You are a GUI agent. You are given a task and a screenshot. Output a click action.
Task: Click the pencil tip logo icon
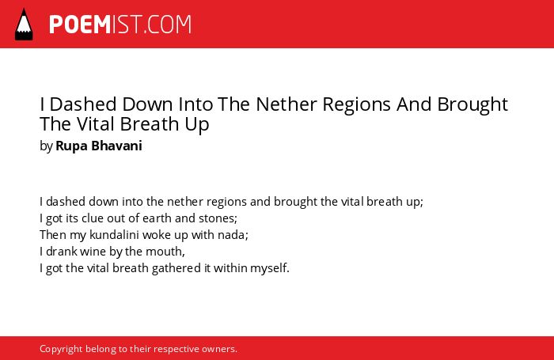24,24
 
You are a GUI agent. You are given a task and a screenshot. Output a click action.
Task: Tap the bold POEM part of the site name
80,25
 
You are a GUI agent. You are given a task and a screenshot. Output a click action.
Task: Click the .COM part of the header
168,25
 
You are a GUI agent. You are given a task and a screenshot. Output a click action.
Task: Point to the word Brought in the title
472,105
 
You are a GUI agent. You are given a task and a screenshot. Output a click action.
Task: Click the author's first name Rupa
72,146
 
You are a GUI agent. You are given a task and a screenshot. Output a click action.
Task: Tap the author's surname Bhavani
116,146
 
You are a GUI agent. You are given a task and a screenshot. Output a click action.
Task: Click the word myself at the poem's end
270,268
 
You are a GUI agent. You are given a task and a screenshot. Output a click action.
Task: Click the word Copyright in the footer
61,349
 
